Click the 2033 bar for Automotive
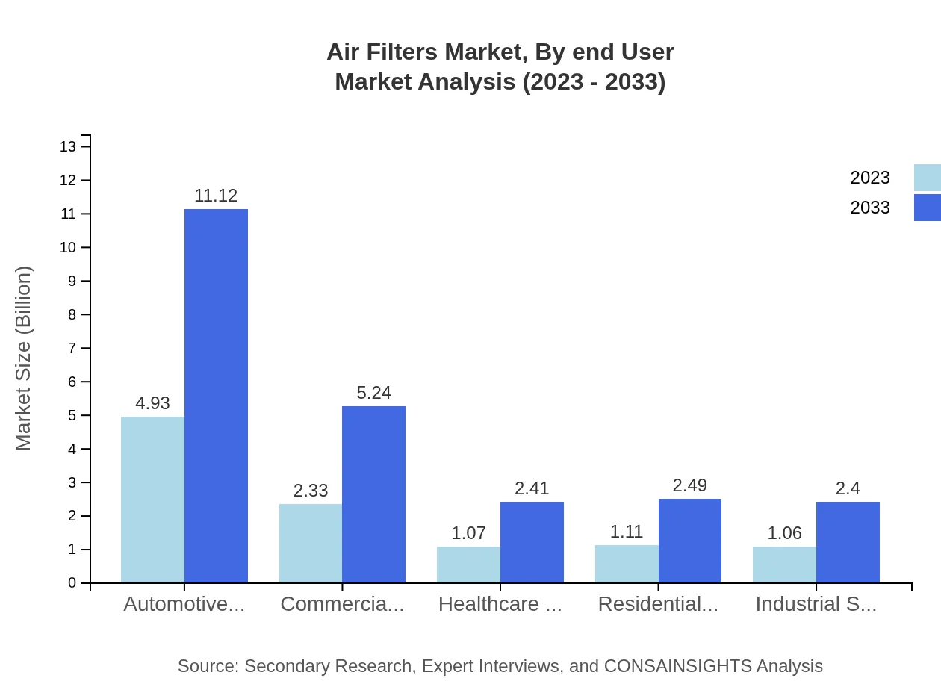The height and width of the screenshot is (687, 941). click(x=216, y=396)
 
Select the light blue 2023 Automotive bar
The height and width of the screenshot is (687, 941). click(x=152, y=500)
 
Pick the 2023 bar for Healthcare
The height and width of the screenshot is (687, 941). click(x=468, y=565)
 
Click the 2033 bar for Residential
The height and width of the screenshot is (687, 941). click(x=690, y=541)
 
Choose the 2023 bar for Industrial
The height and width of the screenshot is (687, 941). click(x=784, y=565)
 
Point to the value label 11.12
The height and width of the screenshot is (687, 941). click(x=216, y=196)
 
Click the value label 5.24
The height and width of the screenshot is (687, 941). click(x=373, y=393)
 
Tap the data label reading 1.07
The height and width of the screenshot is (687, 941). click(x=468, y=533)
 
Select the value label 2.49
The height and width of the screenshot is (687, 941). click(x=689, y=485)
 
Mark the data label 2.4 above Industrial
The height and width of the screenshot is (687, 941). click(x=848, y=488)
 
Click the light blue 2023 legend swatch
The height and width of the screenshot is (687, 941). click(x=927, y=178)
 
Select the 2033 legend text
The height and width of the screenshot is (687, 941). click(x=870, y=208)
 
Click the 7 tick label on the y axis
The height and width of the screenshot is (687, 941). click(x=72, y=348)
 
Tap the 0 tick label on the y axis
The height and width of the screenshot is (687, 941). click(x=72, y=583)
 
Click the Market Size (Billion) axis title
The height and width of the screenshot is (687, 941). click(x=24, y=358)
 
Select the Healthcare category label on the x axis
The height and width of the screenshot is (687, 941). click(x=500, y=604)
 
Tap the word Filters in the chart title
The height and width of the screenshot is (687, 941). click(x=404, y=52)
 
